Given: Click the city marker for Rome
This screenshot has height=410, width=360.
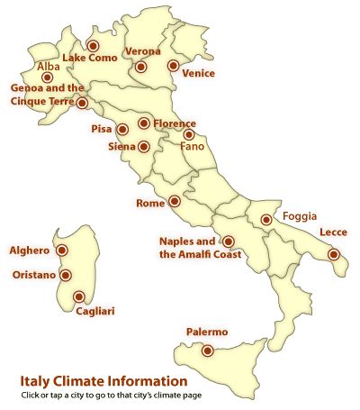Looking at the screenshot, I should (x=175, y=202).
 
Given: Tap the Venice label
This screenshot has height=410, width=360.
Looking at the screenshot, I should (x=197, y=72).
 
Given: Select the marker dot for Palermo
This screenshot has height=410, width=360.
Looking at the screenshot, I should (x=208, y=351).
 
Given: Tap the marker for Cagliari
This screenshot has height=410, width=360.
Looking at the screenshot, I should (x=79, y=296).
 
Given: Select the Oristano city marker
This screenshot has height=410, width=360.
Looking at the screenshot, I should (x=65, y=275).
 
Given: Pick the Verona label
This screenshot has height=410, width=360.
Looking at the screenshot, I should (x=143, y=51).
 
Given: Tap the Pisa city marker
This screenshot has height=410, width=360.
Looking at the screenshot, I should (x=122, y=130).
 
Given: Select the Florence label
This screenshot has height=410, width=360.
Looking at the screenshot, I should (x=175, y=123).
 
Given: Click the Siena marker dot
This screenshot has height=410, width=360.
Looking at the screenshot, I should (x=144, y=146).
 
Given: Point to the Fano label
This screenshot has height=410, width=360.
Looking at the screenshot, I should (x=193, y=145).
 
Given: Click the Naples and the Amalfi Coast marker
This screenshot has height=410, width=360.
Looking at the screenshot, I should (x=228, y=241).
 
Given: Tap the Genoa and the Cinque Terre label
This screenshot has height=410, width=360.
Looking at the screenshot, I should (x=48, y=95).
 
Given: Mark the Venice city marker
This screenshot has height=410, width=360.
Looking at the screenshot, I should (x=173, y=65).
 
